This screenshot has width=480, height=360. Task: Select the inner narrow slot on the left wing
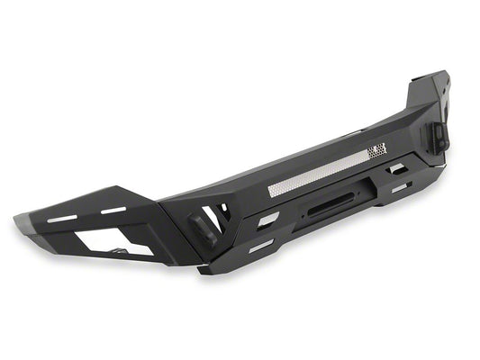(x=114, y=211)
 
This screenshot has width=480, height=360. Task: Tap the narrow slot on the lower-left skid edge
(x=260, y=245)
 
